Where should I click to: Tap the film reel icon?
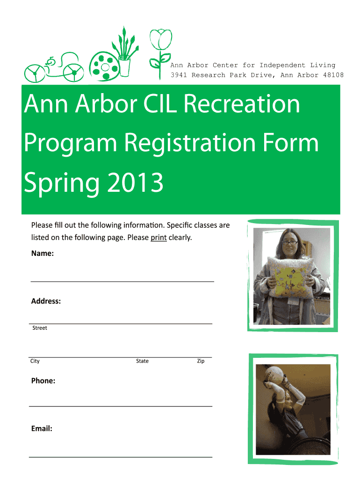[x=104, y=66]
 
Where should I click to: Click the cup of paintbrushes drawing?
[x=125, y=52]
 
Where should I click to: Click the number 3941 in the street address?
[x=179, y=75]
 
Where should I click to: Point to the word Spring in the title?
[x=62, y=183]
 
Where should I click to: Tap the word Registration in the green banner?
[x=190, y=144]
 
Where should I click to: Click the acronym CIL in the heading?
[x=160, y=103]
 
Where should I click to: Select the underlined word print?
[x=159, y=238]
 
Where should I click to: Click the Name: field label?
[x=43, y=253]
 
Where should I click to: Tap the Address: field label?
[x=46, y=301]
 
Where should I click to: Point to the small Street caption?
[x=40, y=328]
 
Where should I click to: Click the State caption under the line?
[x=142, y=361]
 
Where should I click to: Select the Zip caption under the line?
[x=201, y=361]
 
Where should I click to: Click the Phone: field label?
[x=43, y=381]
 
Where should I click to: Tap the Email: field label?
[x=42, y=428]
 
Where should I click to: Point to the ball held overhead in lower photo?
[x=274, y=375]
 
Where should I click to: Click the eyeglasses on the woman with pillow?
[x=290, y=243]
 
